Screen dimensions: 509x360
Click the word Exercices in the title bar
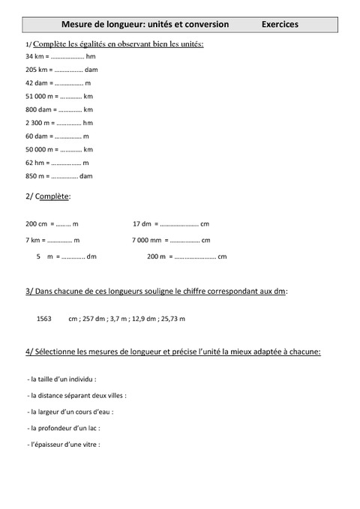point(280,24)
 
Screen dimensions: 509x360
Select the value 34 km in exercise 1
point(35,56)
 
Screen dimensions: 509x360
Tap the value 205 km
point(37,70)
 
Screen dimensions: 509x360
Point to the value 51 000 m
point(40,96)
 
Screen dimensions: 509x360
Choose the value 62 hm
point(35,162)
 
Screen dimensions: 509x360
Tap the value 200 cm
point(36,223)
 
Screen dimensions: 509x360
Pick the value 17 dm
point(142,223)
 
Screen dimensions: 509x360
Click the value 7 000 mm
point(146,240)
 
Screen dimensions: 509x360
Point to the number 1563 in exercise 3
point(43,319)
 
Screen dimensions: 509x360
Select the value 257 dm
point(91,319)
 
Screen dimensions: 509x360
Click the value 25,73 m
point(171,319)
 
